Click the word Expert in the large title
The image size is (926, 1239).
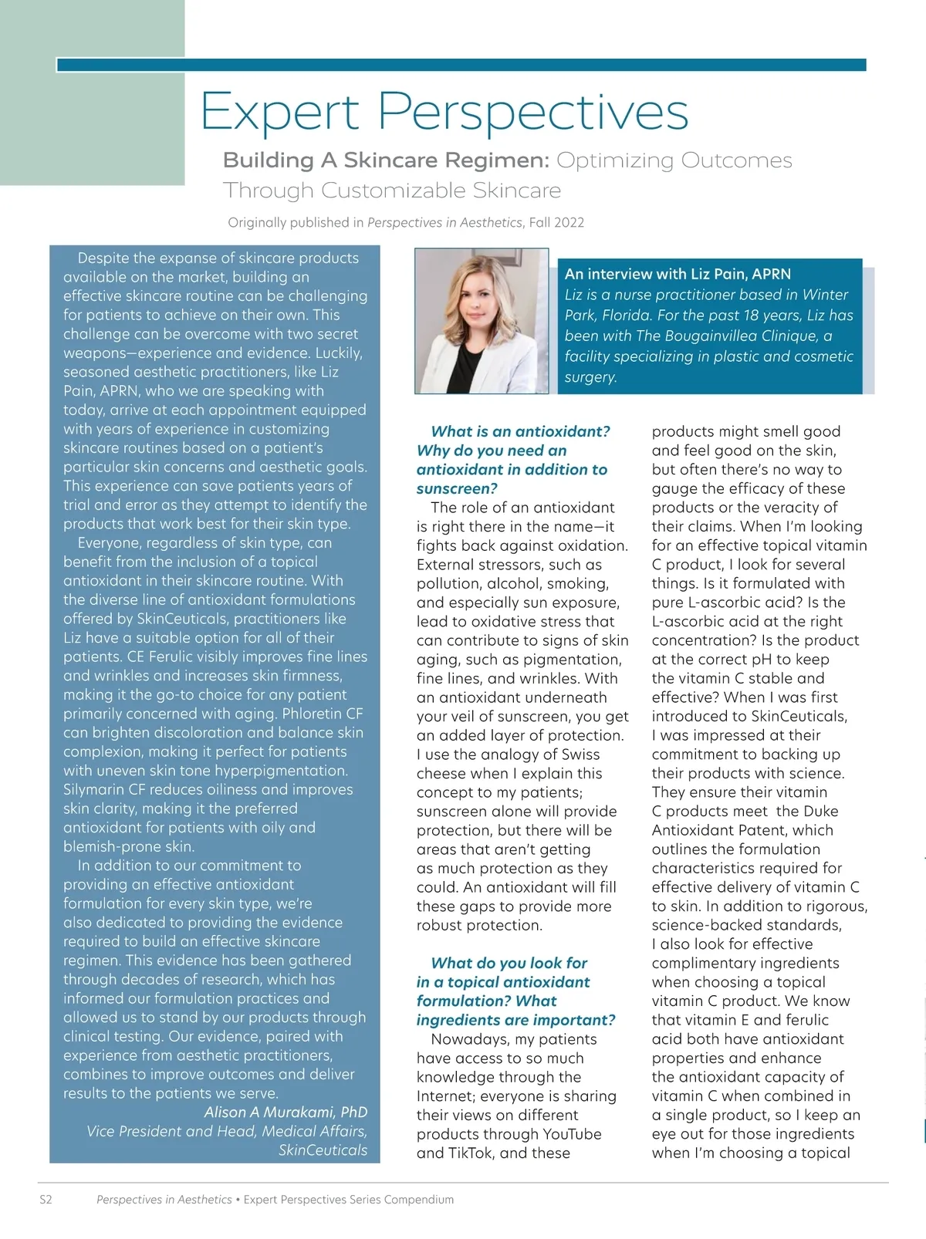pos(279,113)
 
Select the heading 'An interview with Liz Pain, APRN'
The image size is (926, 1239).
pos(678,274)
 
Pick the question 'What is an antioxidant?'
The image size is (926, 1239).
pos(520,431)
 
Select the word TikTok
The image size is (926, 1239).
pos(471,1153)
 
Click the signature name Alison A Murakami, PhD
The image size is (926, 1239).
pos(286,1112)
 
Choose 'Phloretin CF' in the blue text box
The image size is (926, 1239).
pos(323,714)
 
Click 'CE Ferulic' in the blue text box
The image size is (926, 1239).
pos(157,657)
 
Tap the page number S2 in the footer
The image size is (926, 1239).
pos(46,1200)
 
